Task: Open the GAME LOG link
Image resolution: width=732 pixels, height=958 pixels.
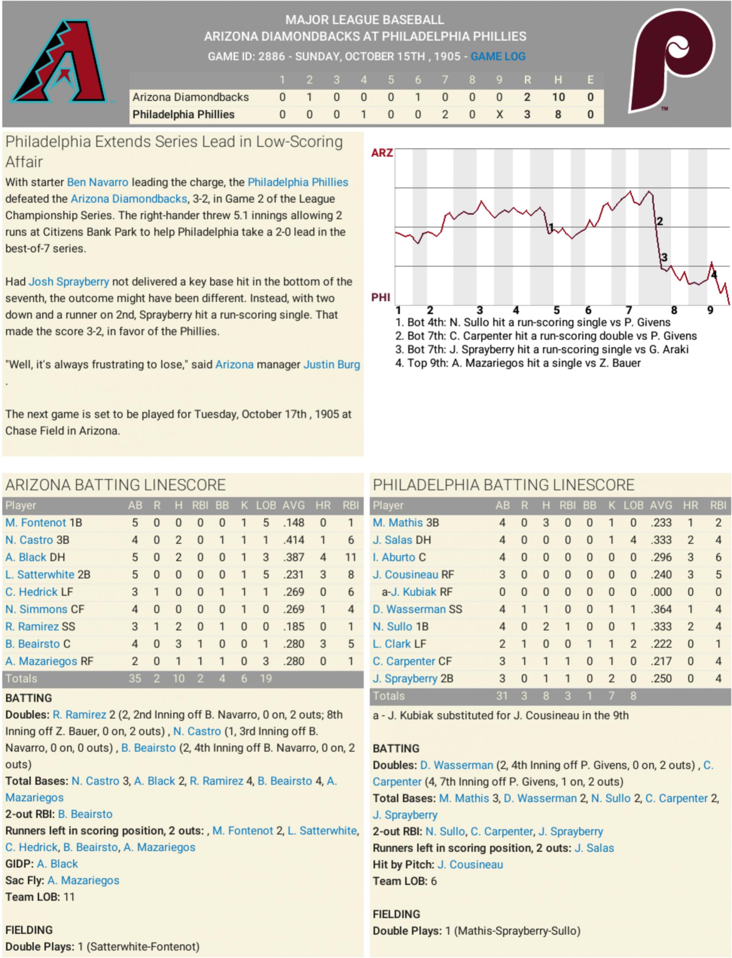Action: point(498,57)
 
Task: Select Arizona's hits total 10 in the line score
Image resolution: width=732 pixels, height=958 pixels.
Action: point(558,97)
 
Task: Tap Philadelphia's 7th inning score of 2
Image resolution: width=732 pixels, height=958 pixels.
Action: point(445,115)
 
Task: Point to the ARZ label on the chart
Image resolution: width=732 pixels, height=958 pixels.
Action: point(382,153)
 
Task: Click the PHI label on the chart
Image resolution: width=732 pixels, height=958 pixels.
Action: point(381,297)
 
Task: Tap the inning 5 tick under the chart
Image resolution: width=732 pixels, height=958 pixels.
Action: point(556,310)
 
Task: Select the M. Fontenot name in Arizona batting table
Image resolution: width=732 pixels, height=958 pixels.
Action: point(36,523)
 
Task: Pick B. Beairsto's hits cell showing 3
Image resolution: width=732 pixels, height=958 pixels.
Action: point(178,644)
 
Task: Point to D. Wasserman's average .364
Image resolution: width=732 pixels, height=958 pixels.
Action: point(661,609)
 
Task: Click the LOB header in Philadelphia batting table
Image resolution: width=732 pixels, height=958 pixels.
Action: point(633,505)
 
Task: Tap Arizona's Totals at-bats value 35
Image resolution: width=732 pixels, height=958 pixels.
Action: point(134,678)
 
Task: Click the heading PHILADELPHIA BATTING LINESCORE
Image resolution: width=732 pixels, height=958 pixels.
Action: point(503,485)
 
